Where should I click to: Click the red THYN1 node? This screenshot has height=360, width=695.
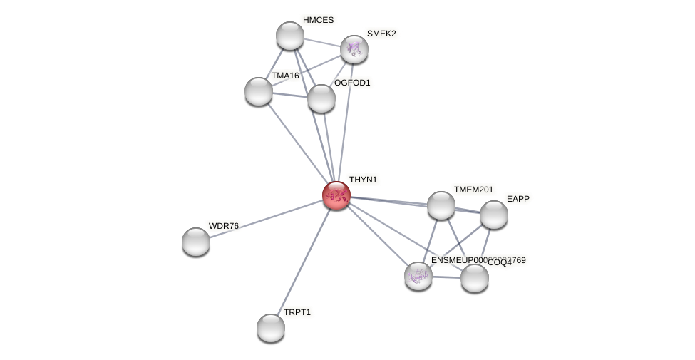click(336, 195)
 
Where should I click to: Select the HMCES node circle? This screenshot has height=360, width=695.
click(290, 36)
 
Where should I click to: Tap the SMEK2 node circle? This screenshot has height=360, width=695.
click(354, 48)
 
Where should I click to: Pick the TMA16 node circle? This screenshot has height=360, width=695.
click(259, 91)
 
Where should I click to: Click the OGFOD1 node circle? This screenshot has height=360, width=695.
click(321, 98)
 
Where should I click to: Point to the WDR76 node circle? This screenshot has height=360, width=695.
click(196, 242)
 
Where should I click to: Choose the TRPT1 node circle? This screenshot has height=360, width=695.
click(271, 328)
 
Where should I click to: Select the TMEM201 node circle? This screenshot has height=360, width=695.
click(441, 205)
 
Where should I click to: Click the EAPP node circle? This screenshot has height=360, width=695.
click(494, 215)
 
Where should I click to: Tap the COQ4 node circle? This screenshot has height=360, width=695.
click(475, 278)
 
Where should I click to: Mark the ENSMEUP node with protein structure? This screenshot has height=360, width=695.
click(418, 276)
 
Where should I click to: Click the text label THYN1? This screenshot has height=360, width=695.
click(363, 180)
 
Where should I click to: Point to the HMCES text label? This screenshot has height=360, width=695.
click(318, 20)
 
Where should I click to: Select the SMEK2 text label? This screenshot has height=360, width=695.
click(381, 34)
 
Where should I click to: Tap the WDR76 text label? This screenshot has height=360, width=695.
click(223, 226)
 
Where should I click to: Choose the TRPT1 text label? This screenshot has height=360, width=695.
click(297, 312)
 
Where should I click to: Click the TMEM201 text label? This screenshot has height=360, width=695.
click(473, 190)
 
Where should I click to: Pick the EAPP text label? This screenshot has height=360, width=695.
click(518, 199)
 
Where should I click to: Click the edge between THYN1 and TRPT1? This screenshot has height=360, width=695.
click(304, 261)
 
